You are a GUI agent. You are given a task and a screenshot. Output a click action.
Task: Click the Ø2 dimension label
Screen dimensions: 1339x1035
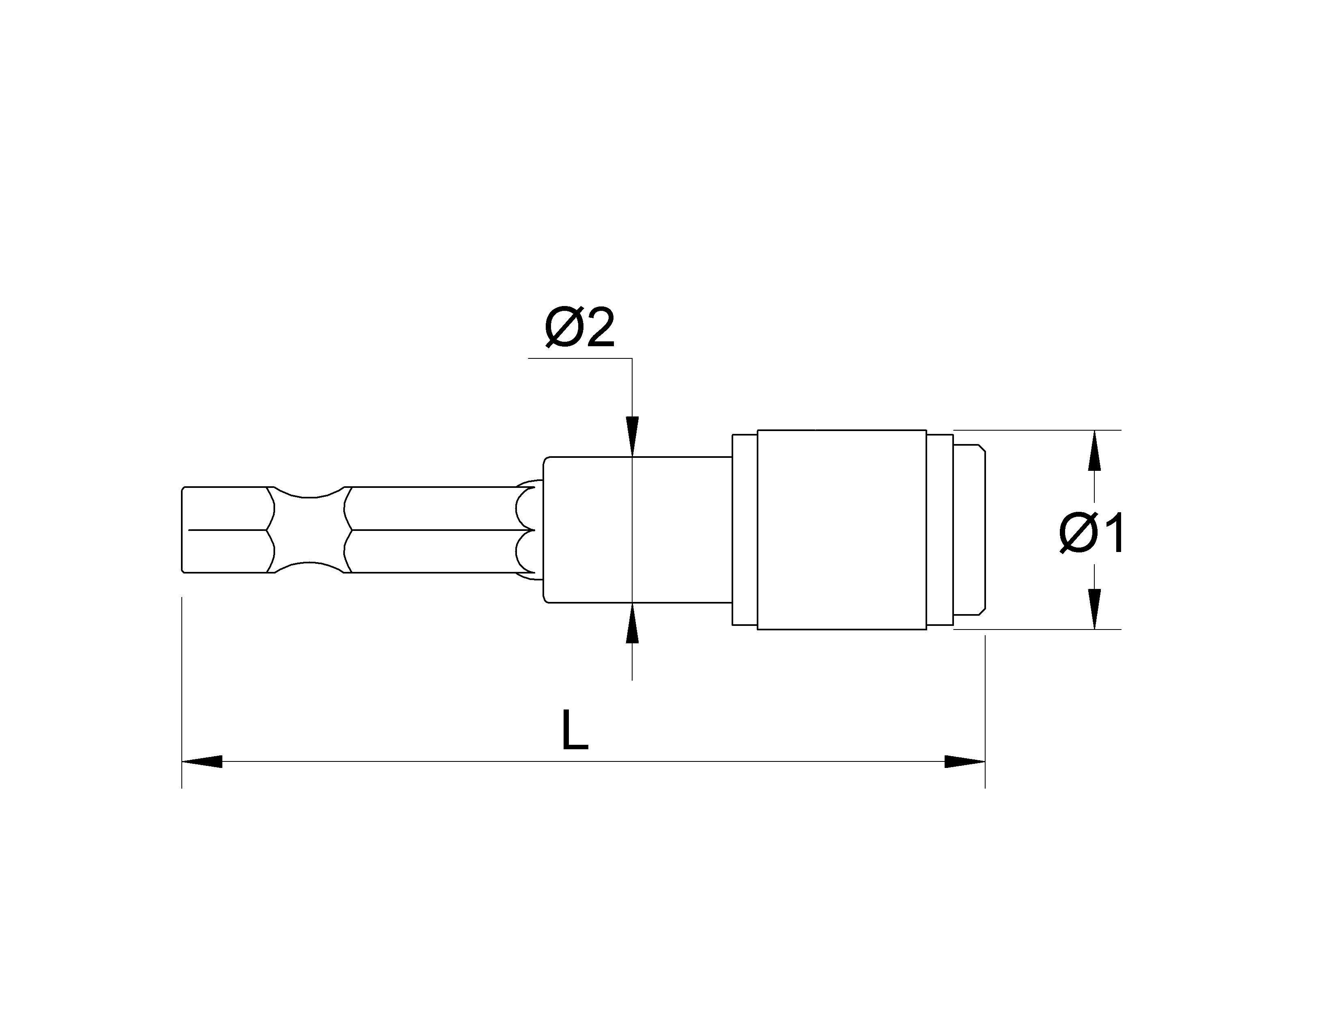pyautogui.click(x=579, y=329)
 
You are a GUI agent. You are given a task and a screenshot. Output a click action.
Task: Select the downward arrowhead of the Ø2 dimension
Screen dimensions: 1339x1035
pyautogui.click(x=632, y=437)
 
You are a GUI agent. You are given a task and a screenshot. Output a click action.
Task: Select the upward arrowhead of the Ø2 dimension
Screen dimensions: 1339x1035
pyautogui.click(x=632, y=623)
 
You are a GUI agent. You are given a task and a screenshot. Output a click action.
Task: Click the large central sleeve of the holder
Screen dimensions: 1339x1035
pyautogui.click(x=842, y=530)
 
